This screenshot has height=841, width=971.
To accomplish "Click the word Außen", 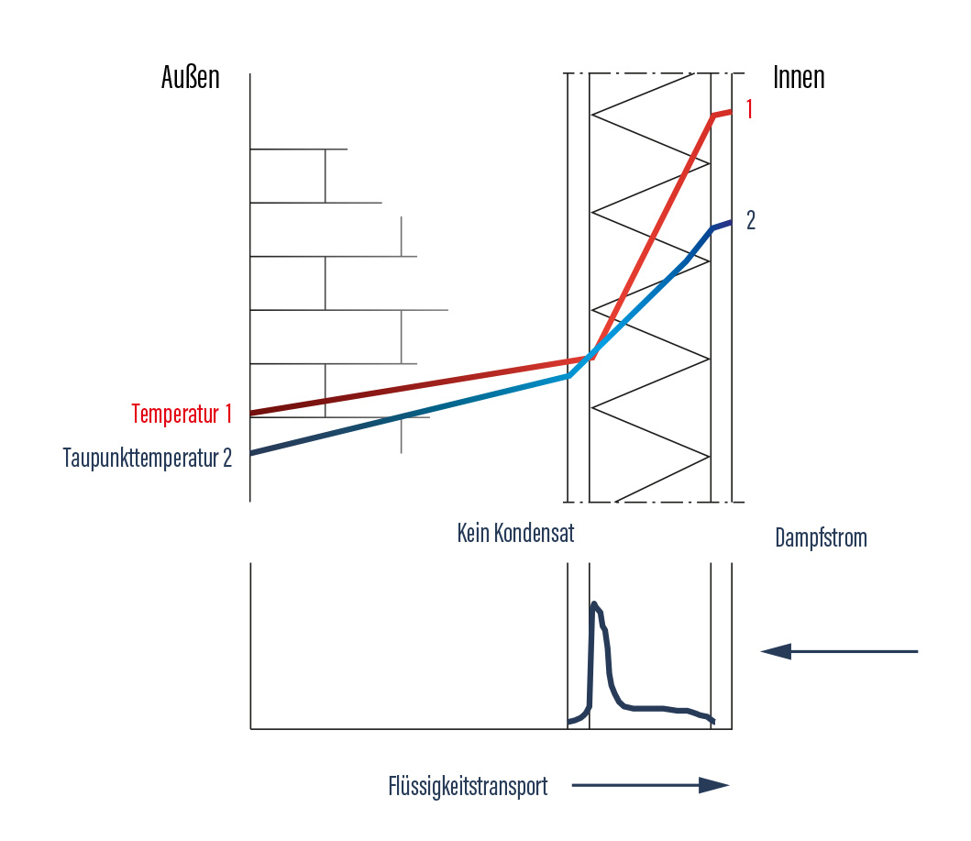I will coord(191,78).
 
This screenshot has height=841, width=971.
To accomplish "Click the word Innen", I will coord(799,78).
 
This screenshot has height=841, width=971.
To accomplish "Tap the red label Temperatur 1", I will coord(182,415).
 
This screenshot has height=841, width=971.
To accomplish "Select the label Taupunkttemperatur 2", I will coord(148,458).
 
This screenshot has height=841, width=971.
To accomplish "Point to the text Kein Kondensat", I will coord(515,533).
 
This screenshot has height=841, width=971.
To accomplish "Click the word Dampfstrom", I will coord(821,537).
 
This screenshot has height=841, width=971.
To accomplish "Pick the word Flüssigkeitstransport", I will coord(468,786).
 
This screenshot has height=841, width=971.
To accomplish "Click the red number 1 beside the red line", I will coord(749,110).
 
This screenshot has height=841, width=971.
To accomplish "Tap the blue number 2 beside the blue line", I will coord(750,221).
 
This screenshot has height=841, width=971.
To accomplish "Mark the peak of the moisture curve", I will coord(594,603).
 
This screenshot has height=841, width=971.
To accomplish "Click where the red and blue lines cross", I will coord(591,354).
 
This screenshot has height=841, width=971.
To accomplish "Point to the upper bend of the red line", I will coord(712,116).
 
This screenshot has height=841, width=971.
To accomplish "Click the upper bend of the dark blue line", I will coord(712,228).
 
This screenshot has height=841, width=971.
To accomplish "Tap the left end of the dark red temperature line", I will coord(252,413).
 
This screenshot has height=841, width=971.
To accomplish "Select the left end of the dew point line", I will coord(252,453).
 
